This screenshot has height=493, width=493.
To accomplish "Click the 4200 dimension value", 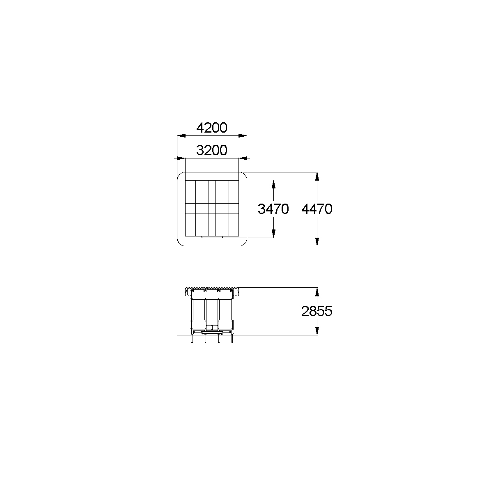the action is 211,128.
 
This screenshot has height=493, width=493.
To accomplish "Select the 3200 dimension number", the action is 211,150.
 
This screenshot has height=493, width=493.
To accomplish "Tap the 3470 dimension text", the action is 273,209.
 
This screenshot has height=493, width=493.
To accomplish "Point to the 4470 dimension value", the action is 317,209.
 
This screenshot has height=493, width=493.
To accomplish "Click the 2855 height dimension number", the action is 317,311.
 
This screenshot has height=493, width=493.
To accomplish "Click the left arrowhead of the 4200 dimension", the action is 181,135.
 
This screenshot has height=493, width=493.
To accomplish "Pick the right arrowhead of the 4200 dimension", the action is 243,135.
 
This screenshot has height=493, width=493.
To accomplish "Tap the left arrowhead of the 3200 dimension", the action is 181,158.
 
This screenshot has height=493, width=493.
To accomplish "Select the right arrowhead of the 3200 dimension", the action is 243,158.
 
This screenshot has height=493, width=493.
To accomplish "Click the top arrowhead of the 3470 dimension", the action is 273,184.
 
